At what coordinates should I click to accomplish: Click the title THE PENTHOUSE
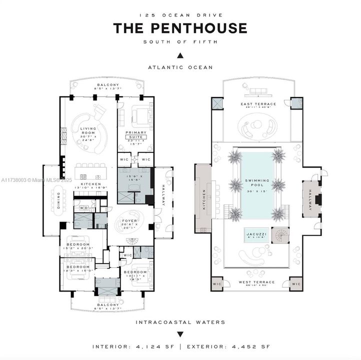tap(180, 28)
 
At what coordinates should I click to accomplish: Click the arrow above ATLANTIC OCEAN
tap(180, 55)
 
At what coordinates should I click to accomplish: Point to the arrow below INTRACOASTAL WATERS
tap(180, 333)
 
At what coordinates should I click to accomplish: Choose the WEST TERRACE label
tap(257, 282)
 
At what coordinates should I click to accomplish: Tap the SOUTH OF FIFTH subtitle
tap(180, 41)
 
